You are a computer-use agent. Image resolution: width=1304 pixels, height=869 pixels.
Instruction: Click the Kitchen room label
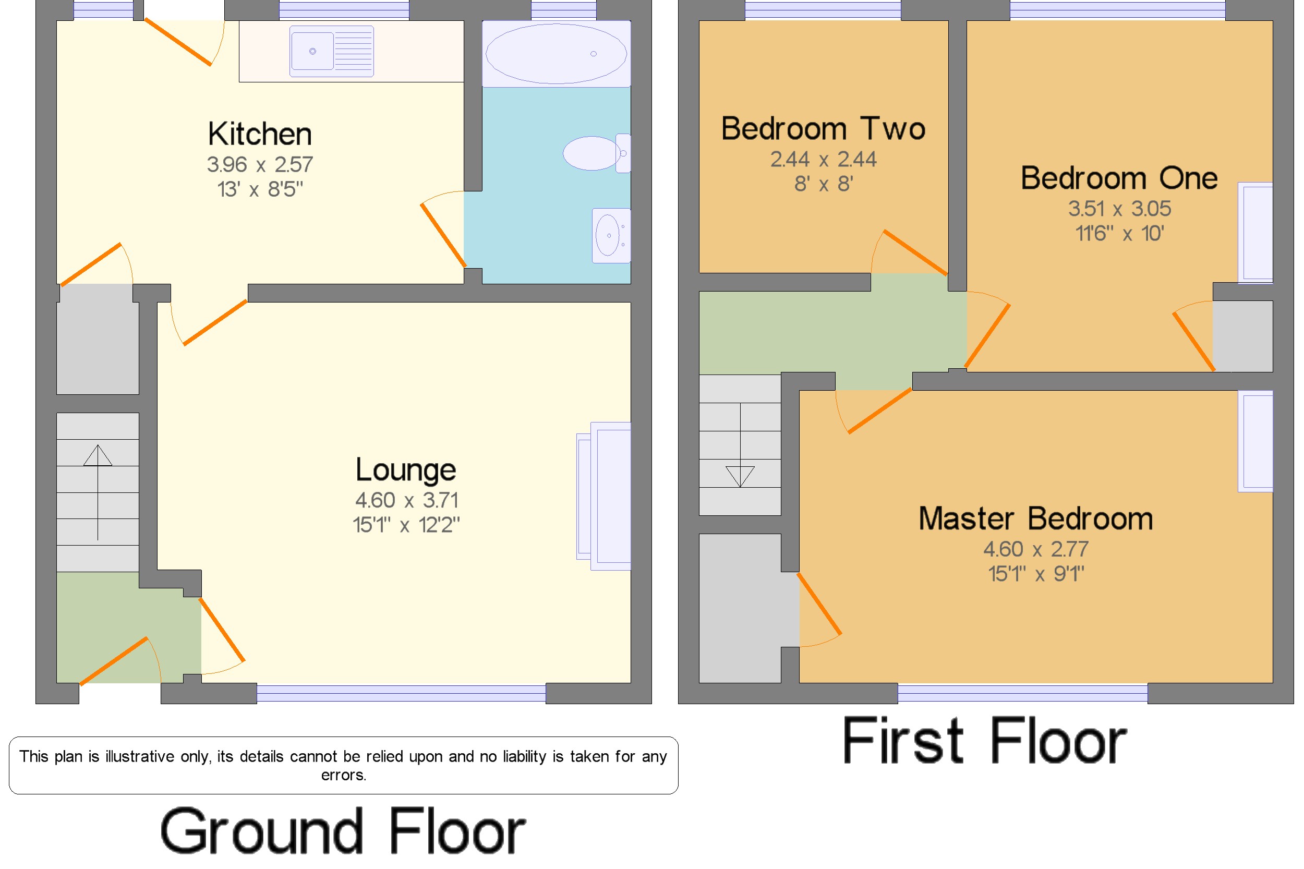pos(259,134)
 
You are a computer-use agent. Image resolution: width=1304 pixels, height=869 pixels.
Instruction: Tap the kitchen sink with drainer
pos(331,51)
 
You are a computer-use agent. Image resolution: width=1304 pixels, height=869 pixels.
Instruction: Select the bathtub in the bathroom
pos(556,54)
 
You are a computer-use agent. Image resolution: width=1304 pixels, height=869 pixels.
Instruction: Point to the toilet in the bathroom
pos(596,153)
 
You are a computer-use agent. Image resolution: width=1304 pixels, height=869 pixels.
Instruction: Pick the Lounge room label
pos(406,470)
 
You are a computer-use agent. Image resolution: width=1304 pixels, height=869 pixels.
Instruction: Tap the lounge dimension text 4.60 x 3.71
pos(406,500)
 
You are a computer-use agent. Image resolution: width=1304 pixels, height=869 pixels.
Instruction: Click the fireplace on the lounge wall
pos(603,496)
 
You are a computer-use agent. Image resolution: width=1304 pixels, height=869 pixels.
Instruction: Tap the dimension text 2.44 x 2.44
pos(823,160)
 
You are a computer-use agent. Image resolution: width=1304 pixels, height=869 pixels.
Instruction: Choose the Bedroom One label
pos(1119,178)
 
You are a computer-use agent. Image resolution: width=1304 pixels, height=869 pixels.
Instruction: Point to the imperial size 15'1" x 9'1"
pos(1036,574)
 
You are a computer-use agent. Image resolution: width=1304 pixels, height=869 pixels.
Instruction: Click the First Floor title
pos(984,741)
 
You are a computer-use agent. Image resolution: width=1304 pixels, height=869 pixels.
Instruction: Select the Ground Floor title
pos(343,831)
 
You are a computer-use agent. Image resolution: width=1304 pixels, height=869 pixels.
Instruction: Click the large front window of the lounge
pos(401,693)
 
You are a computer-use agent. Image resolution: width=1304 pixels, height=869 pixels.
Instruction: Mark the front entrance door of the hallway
pos(114,661)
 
